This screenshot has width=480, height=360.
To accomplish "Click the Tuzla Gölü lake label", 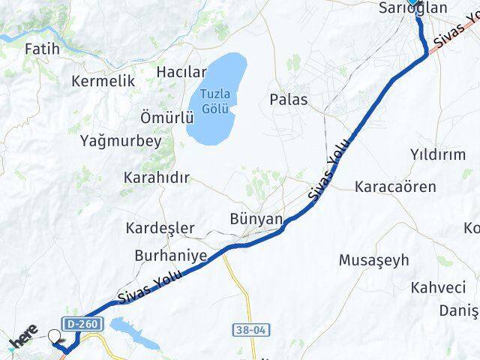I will tap(215, 100).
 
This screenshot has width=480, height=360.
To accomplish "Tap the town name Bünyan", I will tap(256, 219).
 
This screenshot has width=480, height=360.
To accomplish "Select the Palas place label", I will tap(289, 99).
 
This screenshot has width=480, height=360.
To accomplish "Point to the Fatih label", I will tap(42, 49).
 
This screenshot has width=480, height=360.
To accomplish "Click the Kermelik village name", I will tap(103, 81).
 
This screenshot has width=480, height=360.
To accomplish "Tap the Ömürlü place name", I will tap(167, 118).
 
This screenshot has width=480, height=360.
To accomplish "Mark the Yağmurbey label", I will tap(121, 140).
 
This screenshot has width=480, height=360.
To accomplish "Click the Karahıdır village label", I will tap(156, 178).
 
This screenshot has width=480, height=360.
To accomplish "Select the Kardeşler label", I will tap(160, 227).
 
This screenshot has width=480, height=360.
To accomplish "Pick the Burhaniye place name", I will tap(170, 256).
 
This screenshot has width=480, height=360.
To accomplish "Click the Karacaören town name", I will tap(397, 185).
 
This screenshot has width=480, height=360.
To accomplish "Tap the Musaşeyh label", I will tap(374, 260).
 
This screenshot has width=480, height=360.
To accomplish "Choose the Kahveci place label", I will tap(438, 287).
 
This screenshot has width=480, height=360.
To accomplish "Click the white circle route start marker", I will tap(55, 337).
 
